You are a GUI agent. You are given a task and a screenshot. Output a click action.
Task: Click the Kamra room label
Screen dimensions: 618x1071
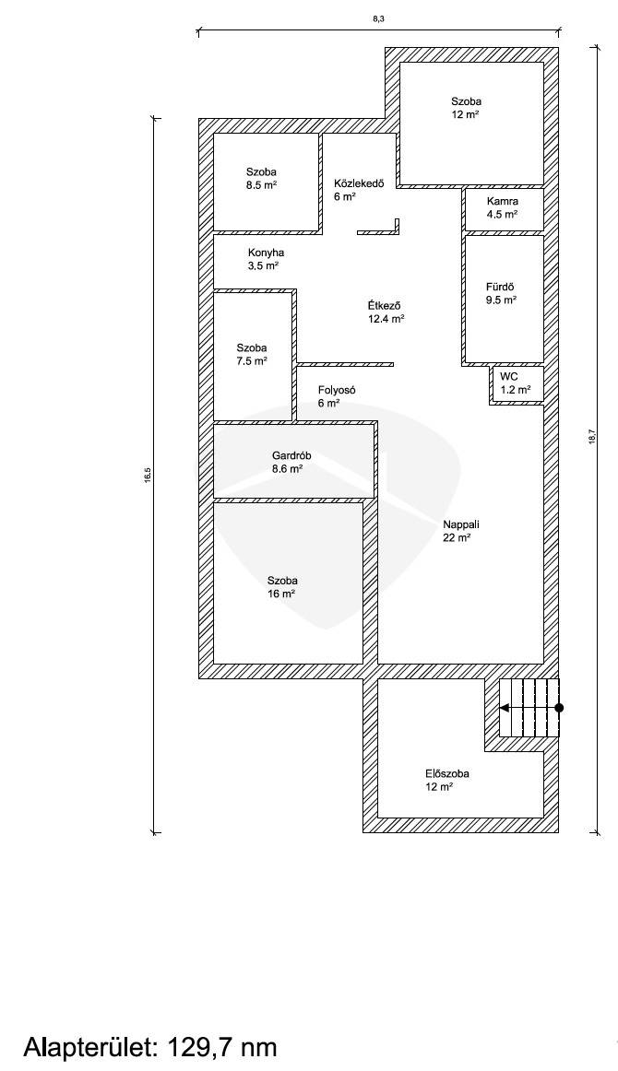(503, 201)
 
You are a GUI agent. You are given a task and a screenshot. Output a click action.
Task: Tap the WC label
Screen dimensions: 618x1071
(508, 376)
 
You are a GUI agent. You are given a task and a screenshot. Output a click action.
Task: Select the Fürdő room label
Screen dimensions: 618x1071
(501, 287)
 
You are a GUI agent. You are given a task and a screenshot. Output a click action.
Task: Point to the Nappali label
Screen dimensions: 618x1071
(461, 524)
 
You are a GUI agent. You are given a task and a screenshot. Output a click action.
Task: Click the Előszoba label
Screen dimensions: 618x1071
(447, 774)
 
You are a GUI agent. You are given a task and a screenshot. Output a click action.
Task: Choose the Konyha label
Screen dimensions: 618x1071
(266, 253)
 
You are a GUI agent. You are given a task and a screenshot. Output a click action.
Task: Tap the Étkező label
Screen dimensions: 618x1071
(384, 305)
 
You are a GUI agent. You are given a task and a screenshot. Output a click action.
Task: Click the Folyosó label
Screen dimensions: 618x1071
(337, 390)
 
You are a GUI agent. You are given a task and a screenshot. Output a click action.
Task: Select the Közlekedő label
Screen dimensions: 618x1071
(359, 183)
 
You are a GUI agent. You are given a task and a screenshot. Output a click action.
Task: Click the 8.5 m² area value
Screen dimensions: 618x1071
(261, 185)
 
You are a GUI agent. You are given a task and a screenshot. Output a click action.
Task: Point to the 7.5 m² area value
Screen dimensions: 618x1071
(252, 361)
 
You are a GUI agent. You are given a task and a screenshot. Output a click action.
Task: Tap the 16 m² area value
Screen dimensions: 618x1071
(281, 594)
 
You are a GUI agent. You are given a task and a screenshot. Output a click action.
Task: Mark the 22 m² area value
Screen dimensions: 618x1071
(457, 537)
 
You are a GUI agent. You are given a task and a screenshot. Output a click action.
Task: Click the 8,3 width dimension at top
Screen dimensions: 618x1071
(378, 19)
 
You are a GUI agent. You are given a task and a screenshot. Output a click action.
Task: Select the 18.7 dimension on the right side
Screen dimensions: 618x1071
(592, 437)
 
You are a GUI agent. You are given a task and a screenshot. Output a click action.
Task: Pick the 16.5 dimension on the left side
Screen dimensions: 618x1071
(147, 476)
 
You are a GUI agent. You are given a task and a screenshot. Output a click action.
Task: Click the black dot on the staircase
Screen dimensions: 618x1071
(559, 708)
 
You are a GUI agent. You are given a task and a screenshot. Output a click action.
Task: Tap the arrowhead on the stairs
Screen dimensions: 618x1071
(505, 708)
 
